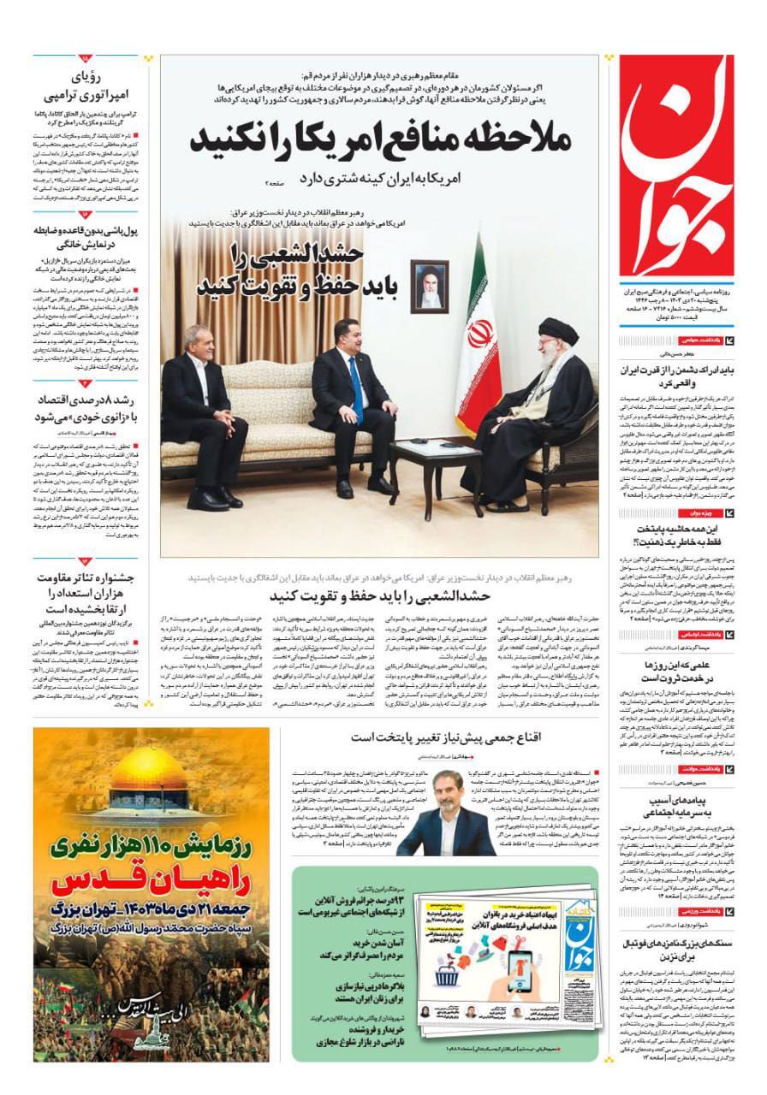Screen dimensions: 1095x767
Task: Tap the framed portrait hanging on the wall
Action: (x=431, y=286)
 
